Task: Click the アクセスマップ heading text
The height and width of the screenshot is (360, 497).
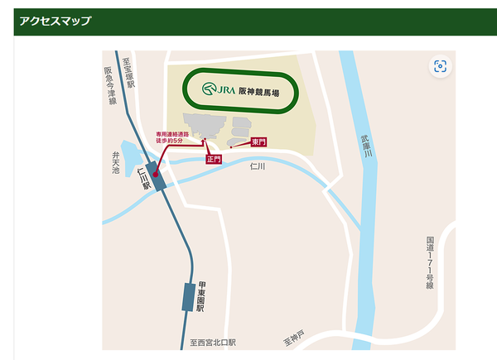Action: pos(55,21)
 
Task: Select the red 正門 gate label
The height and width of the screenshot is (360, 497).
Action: pos(214,158)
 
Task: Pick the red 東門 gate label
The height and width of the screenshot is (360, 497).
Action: pos(258,142)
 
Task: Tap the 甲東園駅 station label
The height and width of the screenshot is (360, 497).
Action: pos(201,295)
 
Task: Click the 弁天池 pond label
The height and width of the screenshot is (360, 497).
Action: pos(117,161)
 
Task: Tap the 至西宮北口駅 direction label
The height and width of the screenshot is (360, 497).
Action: pos(213,342)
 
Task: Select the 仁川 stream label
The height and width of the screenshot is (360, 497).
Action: pos(258,166)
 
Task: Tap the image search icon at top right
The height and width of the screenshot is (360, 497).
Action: pos(440,67)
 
